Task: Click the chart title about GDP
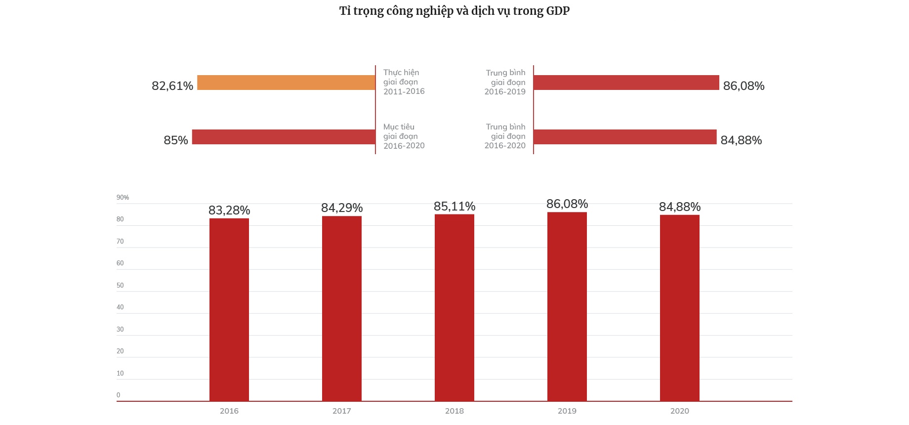tap(454, 11)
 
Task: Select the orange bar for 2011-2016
tap(286, 83)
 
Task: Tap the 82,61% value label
tap(172, 86)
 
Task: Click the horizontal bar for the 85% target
tap(284, 137)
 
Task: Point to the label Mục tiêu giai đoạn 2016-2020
tap(404, 136)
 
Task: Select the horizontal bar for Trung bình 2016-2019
tap(626, 83)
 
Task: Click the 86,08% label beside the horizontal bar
tap(744, 86)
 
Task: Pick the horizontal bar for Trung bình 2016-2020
tap(625, 137)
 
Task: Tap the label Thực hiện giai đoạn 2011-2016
tap(404, 82)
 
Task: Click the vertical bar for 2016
tap(229, 309)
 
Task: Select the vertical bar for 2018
tap(454, 307)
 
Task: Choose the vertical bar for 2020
tap(680, 308)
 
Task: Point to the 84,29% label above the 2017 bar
tap(342, 208)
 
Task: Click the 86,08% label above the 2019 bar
tap(567, 204)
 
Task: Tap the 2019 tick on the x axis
tap(567, 411)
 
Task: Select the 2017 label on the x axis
tap(342, 411)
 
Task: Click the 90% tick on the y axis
tap(123, 198)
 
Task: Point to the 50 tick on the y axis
tap(120, 286)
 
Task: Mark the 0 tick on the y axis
tap(119, 395)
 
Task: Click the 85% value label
tap(176, 140)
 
